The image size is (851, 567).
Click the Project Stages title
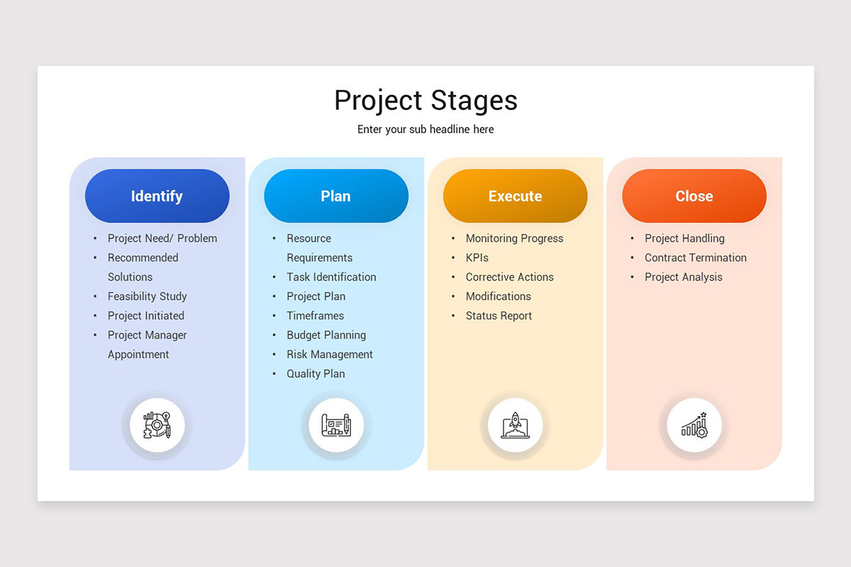[x=425, y=101]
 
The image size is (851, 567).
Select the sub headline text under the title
[x=425, y=130]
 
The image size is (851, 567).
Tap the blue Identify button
[x=157, y=196]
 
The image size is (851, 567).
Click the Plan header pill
[x=335, y=196]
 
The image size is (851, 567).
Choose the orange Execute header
[x=515, y=196]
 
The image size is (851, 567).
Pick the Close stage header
[x=694, y=196]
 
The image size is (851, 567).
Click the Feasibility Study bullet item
[x=147, y=296]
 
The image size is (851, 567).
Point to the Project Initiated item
[x=145, y=315]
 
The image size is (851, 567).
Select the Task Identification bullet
[x=331, y=277]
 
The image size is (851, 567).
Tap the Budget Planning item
[x=326, y=335]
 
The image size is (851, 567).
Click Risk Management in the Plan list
[x=329, y=354]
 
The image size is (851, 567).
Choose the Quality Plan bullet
[x=316, y=374]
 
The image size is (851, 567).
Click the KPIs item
[x=477, y=258]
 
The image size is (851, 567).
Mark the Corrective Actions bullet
[x=509, y=277]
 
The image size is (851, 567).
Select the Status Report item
[x=499, y=316]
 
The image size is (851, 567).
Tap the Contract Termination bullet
[x=695, y=258]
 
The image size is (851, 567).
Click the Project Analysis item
[x=683, y=277]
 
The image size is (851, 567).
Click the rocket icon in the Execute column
[x=515, y=425]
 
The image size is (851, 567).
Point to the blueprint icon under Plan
[x=336, y=425]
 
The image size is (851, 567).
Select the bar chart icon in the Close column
[x=694, y=425]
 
